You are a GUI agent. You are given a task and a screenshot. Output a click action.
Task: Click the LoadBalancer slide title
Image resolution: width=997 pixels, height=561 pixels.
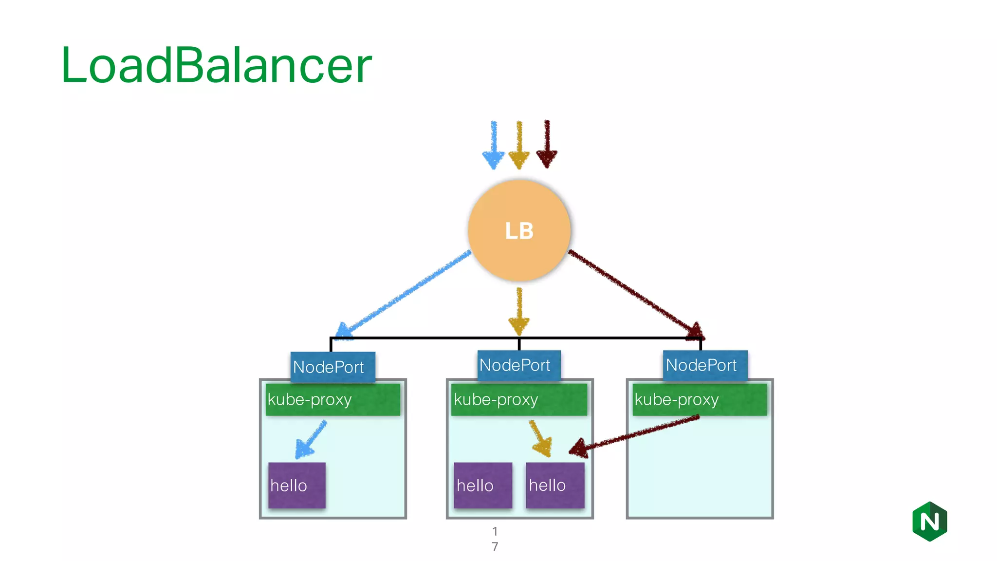click(x=216, y=65)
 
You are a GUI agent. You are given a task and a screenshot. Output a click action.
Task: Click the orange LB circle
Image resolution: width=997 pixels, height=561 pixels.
click(x=519, y=230)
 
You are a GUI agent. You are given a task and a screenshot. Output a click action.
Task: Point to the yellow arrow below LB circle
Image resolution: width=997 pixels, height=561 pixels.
click(x=519, y=312)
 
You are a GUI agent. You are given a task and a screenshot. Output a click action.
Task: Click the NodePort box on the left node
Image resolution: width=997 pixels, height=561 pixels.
click(x=333, y=367)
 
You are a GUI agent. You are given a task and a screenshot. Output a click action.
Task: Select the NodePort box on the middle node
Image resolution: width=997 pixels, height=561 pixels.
click(x=519, y=365)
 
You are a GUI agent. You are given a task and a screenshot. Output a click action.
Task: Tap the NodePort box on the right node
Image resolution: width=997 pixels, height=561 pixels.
click(x=705, y=365)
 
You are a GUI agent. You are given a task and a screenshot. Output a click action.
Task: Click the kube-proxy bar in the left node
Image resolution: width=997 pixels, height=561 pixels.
click(x=333, y=400)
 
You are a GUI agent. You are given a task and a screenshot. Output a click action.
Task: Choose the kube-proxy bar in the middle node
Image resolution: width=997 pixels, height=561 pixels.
click(x=519, y=400)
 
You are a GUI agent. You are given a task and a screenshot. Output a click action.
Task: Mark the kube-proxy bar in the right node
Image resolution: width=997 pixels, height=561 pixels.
click(x=700, y=400)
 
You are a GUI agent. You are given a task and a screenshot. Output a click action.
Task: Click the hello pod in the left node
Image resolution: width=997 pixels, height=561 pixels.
click(x=297, y=485)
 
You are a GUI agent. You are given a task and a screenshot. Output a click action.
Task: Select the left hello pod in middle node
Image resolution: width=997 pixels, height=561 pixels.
click(x=483, y=485)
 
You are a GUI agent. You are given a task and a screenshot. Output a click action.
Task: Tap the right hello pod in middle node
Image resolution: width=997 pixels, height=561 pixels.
click(x=555, y=485)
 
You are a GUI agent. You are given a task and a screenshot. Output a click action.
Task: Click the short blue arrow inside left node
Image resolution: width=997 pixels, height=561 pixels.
click(x=311, y=440)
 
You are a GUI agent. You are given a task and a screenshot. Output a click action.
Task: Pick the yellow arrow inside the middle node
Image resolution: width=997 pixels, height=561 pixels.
click(x=540, y=438)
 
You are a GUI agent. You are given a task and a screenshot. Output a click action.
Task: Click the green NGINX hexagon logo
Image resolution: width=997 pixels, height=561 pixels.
click(x=929, y=522)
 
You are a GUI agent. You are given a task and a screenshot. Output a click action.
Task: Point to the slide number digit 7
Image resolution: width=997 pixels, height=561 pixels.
click(x=495, y=546)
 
